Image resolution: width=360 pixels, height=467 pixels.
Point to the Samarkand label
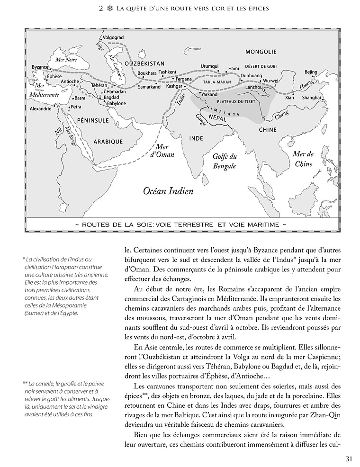(149, 87)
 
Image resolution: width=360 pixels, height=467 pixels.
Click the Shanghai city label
(312, 98)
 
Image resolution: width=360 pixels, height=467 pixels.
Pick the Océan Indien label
(162, 191)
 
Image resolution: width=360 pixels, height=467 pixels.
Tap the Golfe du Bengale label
(224, 162)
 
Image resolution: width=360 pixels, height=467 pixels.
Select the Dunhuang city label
(251, 75)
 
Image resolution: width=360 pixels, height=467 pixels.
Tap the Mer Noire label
(66, 60)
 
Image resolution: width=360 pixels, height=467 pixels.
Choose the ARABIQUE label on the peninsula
(108, 141)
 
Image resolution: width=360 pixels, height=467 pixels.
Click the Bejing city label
(311, 72)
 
